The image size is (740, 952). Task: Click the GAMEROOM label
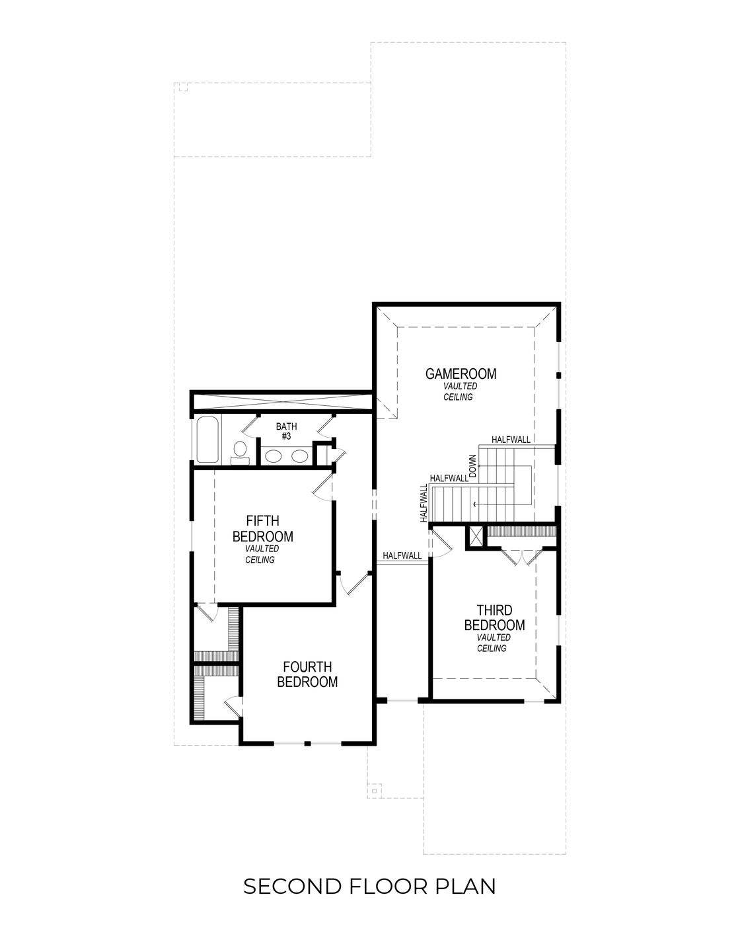click(461, 374)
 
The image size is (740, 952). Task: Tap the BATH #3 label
click(286, 432)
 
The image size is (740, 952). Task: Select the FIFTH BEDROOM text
click(262, 528)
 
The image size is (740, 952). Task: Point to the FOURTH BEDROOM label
click(307, 674)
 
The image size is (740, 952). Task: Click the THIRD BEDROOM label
click(494, 617)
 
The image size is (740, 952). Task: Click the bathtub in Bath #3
click(208, 440)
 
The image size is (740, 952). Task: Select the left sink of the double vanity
click(273, 456)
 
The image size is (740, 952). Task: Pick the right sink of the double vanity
click(300, 456)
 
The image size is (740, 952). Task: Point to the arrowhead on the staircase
click(474, 505)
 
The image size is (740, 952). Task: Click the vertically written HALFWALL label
click(424, 504)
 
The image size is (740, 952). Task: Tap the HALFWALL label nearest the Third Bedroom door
click(402, 556)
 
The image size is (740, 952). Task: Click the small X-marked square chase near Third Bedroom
click(474, 537)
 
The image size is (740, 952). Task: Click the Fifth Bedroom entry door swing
click(322, 488)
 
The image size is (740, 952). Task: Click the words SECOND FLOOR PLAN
click(369, 886)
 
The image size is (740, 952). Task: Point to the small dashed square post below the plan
click(375, 789)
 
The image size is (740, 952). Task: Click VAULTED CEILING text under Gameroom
click(460, 391)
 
